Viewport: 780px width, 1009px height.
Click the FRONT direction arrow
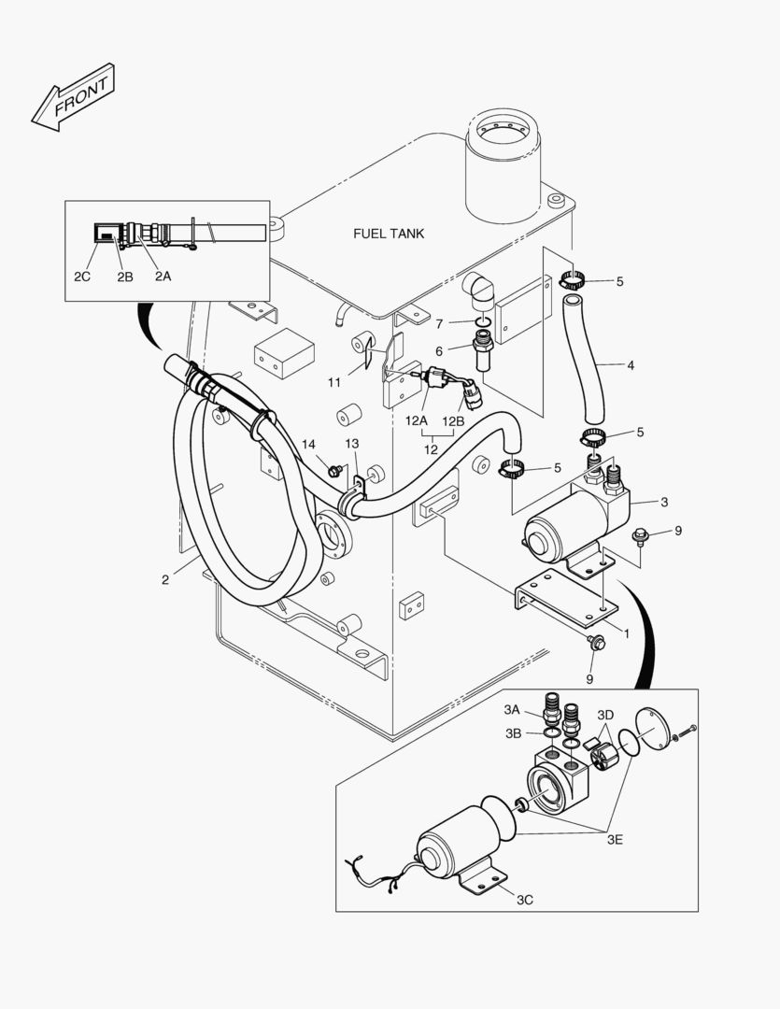73,97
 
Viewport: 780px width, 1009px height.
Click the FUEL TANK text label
388,233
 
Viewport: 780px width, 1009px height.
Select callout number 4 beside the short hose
631,365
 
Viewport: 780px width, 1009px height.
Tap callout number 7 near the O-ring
438,323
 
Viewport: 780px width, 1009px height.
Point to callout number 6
438,351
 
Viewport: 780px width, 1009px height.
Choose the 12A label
417,420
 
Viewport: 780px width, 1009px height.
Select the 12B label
452,420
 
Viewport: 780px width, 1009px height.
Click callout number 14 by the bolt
308,444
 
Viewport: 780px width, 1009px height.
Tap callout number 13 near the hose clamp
351,444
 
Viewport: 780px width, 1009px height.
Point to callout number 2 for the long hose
165,579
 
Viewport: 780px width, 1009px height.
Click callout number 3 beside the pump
663,503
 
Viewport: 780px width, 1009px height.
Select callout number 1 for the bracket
625,632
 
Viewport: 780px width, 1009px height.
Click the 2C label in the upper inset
82,277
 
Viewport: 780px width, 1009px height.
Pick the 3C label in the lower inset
525,899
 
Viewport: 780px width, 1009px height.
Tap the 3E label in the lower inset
614,840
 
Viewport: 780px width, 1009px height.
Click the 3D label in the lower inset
605,715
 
